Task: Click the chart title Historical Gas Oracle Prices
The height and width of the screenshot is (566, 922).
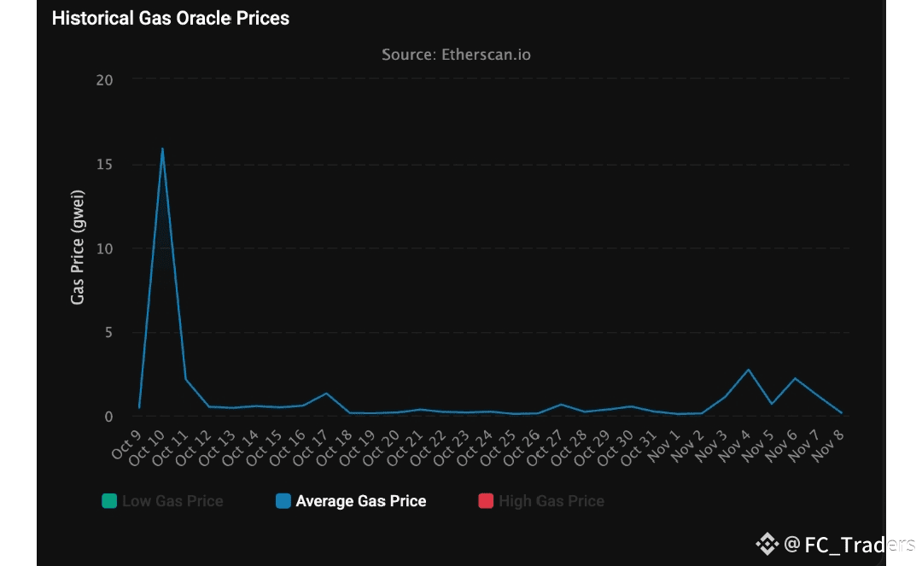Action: tap(171, 18)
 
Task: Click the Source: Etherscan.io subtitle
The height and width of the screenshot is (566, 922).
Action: tap(456, 55)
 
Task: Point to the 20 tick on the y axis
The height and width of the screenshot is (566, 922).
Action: tap(104, 79)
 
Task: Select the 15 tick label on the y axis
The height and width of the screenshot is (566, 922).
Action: tap(104, 164)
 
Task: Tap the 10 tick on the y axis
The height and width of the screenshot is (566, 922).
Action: tap(104, 248)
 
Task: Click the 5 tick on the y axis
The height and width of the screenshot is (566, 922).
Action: tap(108, 332)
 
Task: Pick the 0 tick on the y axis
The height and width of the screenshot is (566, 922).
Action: tap(108, 417)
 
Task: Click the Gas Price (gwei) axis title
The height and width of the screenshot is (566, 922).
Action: tap(78, 248)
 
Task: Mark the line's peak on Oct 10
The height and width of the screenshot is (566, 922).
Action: tap(162, 149)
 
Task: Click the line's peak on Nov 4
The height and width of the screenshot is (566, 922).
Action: tap(749, 370)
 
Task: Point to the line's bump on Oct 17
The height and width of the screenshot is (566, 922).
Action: tap(326, 394)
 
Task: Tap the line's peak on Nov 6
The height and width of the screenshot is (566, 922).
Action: tap(796, 378)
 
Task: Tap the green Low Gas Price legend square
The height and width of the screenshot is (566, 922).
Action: tap(109, 501)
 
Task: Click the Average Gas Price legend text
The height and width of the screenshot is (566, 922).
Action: tap(360, 501)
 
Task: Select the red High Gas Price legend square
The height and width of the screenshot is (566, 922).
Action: tap(486, 501)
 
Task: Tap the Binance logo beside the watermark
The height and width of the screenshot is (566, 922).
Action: tap(767, 544)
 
